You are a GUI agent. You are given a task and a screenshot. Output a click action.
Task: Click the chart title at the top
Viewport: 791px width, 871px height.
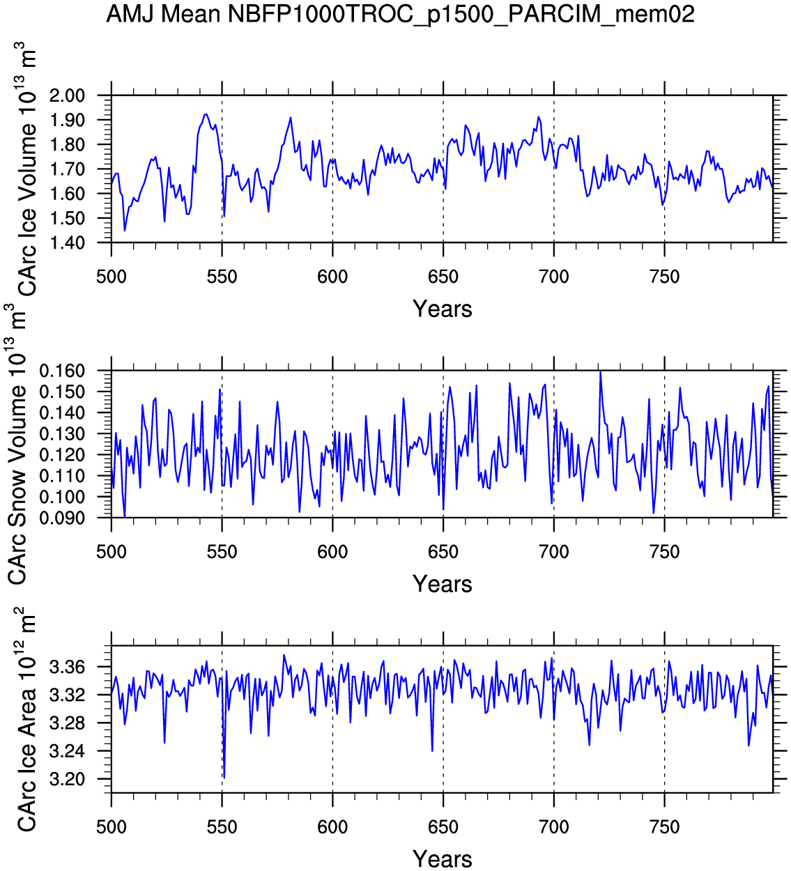pos(400,14)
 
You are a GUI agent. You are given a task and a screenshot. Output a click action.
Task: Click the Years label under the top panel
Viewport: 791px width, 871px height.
pos(442,309)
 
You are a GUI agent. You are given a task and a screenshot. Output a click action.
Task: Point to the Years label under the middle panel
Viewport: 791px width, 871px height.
pos(442,584)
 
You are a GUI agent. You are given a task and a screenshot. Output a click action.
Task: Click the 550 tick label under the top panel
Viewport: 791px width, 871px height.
pos(222,277)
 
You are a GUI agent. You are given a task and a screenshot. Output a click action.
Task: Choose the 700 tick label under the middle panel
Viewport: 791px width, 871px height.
pos(553,552)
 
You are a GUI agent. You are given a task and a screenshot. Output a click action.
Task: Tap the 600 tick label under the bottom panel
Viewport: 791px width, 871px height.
pos(332,827)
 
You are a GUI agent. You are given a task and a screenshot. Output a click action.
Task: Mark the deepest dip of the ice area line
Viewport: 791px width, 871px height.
pos(224,778)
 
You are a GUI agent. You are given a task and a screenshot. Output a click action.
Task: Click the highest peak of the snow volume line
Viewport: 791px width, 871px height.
pos(600,371)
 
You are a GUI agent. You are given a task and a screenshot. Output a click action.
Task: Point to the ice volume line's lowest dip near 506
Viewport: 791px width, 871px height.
pos(125,230)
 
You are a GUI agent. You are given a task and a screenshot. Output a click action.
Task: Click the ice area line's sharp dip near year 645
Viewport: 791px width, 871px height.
pos(432,750)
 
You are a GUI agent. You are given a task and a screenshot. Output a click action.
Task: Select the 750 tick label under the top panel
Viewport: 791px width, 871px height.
pos(664,277)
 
